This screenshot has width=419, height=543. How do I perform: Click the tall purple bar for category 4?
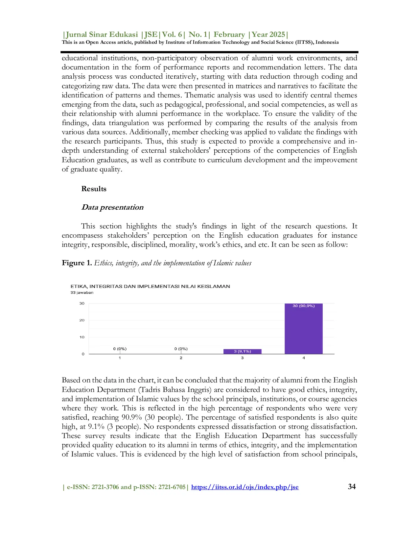tap(303, 329)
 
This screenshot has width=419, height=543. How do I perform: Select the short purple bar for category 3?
tap(242, 351)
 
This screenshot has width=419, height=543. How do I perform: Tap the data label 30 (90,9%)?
tap(303, 306)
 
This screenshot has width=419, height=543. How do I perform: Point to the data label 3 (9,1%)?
tap(242, 351)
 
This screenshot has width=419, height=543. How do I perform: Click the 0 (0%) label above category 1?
tap(120, 349)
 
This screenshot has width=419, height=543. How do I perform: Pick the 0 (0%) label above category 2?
tap(181, 349)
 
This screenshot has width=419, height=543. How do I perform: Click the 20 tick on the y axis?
tap(82, 320)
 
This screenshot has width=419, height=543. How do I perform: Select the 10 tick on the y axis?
tap(82, 337)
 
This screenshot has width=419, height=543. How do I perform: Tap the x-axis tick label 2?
tap(181, 358)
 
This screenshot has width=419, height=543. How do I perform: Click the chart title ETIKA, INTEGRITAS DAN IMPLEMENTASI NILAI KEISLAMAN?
tap(150, 286)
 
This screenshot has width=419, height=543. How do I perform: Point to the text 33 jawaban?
tap(82, 293)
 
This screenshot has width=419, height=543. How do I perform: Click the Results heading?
tap(94, 189)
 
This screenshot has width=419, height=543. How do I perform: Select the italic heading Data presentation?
tap(112, 207)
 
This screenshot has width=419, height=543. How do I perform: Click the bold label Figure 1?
tap(77, 263)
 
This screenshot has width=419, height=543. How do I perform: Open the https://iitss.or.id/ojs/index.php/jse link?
tap(245, 487)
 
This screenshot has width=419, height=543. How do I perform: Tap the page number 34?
tap(352, 487)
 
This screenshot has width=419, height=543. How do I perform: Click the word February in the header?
tap(229, 35)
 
